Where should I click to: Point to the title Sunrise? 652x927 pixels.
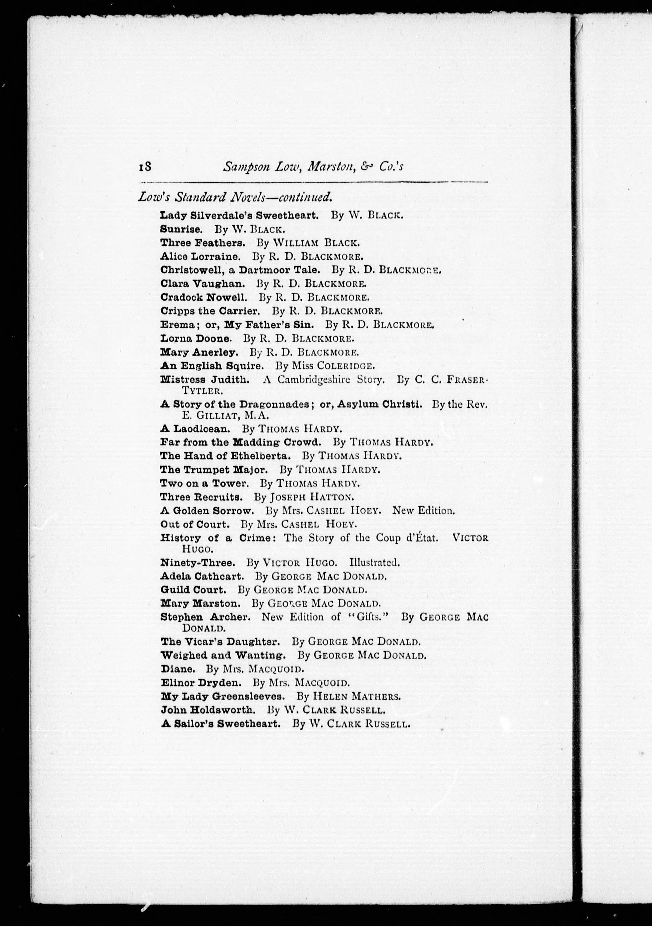(180, 229)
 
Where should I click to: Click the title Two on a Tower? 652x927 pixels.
(204, 483)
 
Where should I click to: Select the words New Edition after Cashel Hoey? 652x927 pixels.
(424, 511)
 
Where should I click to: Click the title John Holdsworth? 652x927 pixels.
(208, 710)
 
